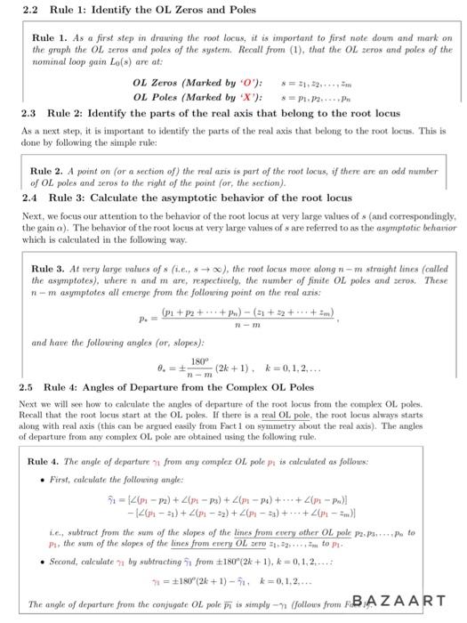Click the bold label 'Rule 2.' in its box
pos(47,170)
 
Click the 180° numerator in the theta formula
pos(208,360)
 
